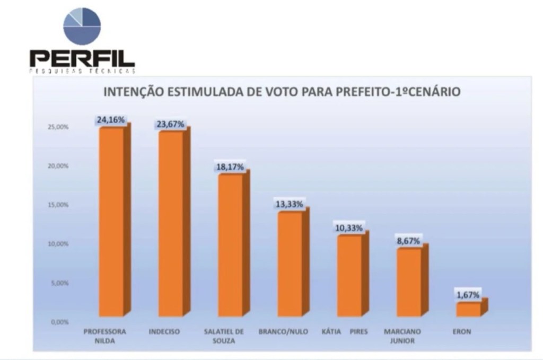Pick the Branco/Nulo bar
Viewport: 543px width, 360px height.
pos(290,264)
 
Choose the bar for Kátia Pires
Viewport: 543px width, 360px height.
pos(350,276)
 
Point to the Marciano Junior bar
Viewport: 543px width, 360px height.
pos(409,282)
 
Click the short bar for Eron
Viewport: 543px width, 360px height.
pos(469,309)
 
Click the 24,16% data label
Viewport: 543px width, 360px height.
pos(111,120)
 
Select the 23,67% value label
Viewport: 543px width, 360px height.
pos(171,124)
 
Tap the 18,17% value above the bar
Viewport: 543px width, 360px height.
pos(230,166)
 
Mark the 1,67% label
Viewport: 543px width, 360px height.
pos(468,294)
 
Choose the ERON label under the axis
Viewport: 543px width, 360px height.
pos(461,332)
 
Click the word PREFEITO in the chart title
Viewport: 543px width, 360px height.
pos(365,92)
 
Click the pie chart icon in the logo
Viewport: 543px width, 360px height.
pos(82,25)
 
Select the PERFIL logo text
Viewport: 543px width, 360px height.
pos(82,57)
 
